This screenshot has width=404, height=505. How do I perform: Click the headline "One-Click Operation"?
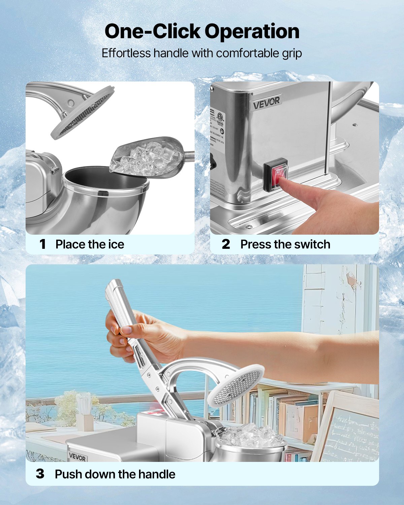pyautogui.click(x=202, y=31)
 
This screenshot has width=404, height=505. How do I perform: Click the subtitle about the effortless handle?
pyautogui.click(x=202, y=53)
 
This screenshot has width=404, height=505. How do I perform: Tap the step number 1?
pyautogui.click(x=42, y=244)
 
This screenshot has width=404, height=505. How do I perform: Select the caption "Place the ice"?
pyautogui.click(x=90, y=244)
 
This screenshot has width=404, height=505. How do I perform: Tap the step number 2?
pyautogui.click(x=226, y=244)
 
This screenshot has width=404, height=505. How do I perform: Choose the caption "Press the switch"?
pyautogui.click(x=285, y=244)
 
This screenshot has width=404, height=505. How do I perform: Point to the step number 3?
pyautogui.click(x=40, y=474)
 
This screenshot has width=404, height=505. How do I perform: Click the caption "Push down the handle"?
pyautogui.click(x=115, y=474)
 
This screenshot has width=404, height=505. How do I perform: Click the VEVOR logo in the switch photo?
pyautogui.click(x=266, y=103)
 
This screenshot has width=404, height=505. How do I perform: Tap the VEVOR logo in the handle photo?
pyautogui.click(x=77, y=457)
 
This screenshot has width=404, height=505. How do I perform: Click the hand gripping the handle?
pyautogui.click(x=141, y=337)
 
